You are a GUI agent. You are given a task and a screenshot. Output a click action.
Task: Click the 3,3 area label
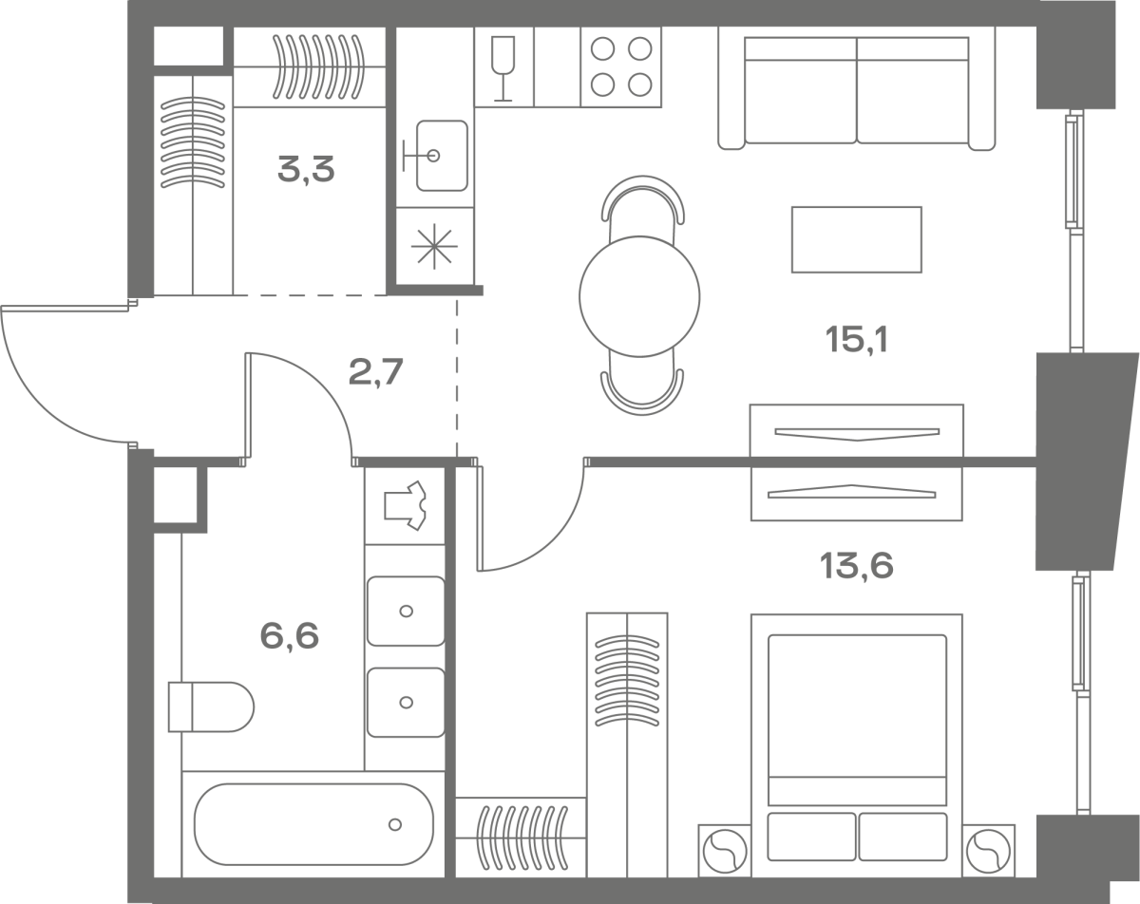[x=306, y=169]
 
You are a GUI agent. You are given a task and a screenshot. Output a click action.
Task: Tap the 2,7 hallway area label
[x=376, y=372]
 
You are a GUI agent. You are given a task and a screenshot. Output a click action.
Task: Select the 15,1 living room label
[x=857, y=339]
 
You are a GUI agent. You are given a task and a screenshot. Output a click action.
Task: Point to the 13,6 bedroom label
[x=857, y=565]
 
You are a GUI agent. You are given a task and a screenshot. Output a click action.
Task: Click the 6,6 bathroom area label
[x=290, y=635]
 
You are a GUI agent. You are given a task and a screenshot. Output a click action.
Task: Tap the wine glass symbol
[x=503, y=67]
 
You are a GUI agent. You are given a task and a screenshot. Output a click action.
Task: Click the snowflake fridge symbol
[x=434, y=246]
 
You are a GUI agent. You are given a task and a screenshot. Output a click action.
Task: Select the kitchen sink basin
[x=442, y=156]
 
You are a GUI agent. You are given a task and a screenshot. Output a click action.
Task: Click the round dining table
[x=639, y=296]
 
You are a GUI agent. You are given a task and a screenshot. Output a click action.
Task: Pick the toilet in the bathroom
[x=211, y=707]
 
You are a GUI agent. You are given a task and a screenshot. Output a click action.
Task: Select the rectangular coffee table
[x=857, y=239]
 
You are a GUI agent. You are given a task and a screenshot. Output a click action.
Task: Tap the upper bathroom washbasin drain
[x=407, y=612]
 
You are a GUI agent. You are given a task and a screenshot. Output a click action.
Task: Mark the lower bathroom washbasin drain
[x=407, y=703]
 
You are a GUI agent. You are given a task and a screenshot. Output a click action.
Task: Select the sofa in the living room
[x=857, y=88]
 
